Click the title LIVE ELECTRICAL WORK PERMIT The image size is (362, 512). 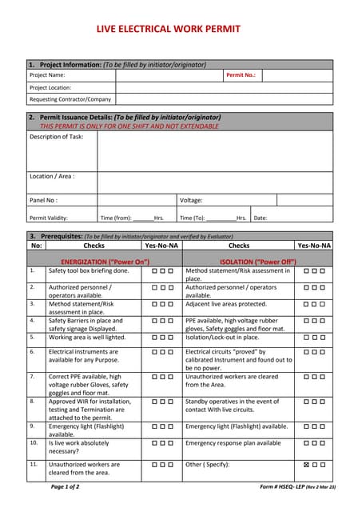click(x=180, y=28)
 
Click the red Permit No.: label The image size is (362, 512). click(x=241, y=75)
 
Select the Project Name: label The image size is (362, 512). click(x=47, y=75)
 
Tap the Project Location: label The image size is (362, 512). click(x=51, y=87)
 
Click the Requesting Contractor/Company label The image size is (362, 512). click(x=70, y=99)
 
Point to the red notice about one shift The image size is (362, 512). click(x=129, y=126)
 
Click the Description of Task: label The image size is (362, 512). click(x=57, y=137)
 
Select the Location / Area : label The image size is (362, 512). click(x=52, y=176)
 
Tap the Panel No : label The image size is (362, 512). click(x=43, y=200)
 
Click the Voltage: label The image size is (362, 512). click(x=191, y=200)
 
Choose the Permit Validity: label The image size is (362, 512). click(x=49, y=217)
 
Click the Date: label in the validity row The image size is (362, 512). click(x=261, y=217)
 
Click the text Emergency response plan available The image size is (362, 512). click(x=233, y=442)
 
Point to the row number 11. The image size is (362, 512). click(x=33, y=463)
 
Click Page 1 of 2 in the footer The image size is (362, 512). click(x=66, y=486)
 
